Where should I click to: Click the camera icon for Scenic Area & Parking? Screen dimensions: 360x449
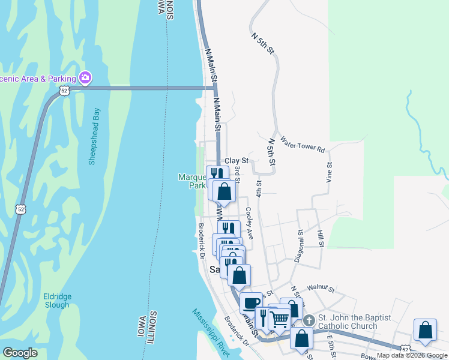tap(85, 78)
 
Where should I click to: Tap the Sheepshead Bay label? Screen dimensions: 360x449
tap(94, 136)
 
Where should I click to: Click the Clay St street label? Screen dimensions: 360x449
tap(237, 161)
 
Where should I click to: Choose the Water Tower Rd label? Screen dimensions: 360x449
tap(302, 143)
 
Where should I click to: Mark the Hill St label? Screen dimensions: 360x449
tap(321, 238)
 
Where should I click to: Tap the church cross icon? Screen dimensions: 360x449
tap(309, 320)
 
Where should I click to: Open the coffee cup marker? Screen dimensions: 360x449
tap(251, 302)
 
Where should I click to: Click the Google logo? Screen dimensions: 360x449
tap(20, 353)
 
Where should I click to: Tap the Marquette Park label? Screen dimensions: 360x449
tap(191, 181)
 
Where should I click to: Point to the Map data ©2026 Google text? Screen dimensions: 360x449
tap(412, 356)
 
